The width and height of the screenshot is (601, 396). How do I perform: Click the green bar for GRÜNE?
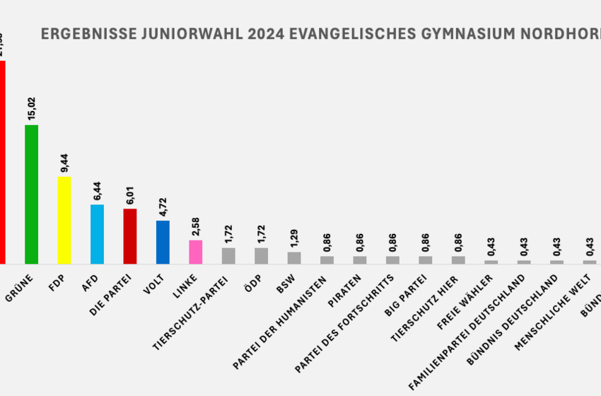tap(31, 194)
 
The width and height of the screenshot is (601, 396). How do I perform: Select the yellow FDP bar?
tap(64, 220)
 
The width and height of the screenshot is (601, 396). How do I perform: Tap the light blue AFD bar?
tap(97, 234)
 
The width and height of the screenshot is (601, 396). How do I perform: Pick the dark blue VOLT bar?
tap(163, 242)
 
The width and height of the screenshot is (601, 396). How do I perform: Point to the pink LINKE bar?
tap(195, 252)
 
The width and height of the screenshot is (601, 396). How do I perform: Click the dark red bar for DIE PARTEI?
tap(130, 236)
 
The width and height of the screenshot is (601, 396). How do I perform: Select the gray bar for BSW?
tap(294, 257)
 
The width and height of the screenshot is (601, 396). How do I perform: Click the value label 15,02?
tap(31, 110)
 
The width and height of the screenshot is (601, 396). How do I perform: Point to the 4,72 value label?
tap(163, 206)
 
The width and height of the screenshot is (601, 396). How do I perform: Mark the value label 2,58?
tap(196, 226)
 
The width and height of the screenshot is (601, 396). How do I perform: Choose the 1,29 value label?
tap(294, 238)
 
